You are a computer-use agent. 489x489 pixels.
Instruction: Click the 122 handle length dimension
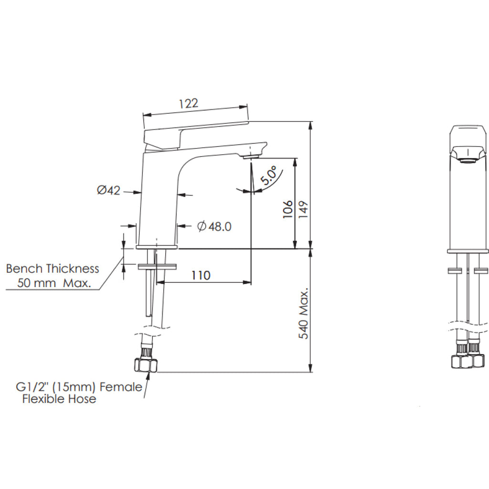[x=188, y=104]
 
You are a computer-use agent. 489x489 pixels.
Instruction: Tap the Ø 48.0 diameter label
[x=214, y=226]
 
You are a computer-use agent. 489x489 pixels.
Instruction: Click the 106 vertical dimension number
[x=287, y=209]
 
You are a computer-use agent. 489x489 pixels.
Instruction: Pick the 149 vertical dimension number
[x=303, y=209]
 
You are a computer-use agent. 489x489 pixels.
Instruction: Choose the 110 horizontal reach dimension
[x=201, y=276]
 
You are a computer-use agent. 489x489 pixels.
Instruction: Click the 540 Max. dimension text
[x=304, y=313]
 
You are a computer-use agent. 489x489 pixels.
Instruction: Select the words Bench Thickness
[x=53, y=269]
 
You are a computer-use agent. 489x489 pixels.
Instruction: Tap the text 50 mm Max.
[x=54, y=283]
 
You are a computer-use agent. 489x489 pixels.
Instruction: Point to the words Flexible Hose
[x=59, y=399]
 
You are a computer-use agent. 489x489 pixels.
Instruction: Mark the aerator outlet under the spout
[x=250, y=156]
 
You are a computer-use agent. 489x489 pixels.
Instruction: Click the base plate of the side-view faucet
[x=157, y=247]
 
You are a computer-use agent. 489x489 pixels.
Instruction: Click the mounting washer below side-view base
[x=157, y=265]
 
